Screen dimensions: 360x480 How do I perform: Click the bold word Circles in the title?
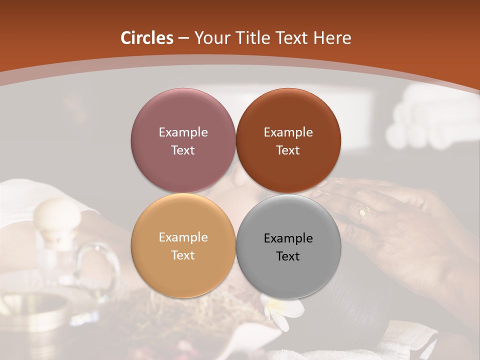146,38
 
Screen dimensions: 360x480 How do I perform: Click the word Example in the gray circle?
288,238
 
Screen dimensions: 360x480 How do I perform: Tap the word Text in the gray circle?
288,256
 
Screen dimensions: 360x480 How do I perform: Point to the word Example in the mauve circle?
183,132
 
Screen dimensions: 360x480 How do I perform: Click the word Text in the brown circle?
288,150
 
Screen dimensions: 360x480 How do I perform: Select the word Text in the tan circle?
183,255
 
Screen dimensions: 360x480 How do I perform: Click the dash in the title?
183,38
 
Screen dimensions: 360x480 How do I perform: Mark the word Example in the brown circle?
288,132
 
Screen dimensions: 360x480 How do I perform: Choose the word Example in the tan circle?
183,237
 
